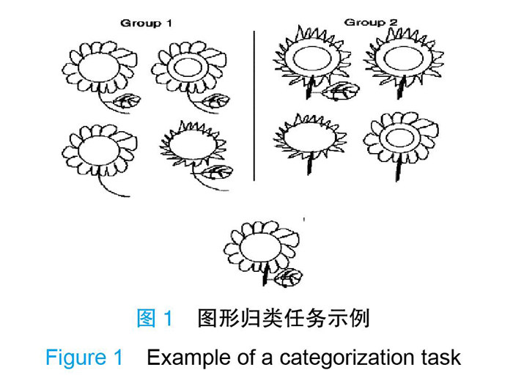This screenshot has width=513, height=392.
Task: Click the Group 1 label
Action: tap(147, 23)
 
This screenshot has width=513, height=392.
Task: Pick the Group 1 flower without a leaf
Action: tap(97, 150)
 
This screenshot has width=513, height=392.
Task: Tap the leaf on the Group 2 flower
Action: tap(340, 92)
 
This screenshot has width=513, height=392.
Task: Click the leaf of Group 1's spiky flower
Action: tap(218, 173)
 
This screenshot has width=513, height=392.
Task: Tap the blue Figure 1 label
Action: tap(84, 358)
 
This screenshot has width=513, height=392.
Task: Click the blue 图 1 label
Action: tap(155, 319)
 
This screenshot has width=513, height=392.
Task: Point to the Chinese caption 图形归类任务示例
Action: tap(283, 319)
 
